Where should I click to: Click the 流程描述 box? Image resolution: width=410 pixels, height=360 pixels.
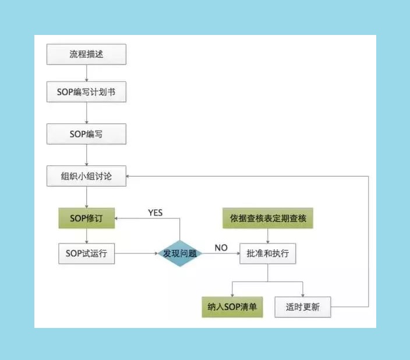(86, 55)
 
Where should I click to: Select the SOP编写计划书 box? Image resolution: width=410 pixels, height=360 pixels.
(86, 93)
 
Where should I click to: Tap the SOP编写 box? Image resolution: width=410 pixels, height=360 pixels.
(86, 135)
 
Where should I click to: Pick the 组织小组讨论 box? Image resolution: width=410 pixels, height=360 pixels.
(86, 176)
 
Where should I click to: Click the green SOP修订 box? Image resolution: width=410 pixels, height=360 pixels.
(86, 219)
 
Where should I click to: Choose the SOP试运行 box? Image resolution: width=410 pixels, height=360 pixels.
(86, 254)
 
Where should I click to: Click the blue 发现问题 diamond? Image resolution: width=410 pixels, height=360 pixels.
(180, 254)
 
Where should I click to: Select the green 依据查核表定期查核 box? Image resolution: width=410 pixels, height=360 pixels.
(268, 219)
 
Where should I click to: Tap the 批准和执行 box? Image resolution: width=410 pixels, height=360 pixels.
(268, 254)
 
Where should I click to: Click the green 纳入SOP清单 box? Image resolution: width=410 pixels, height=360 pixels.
(232, 306)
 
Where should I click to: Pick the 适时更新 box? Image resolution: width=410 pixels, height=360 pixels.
(303, 306)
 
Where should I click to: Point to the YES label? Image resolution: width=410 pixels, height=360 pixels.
(155, 212)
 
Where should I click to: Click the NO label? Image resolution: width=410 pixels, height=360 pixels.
(221, 248)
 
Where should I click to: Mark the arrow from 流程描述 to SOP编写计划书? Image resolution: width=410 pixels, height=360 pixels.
(86, 73)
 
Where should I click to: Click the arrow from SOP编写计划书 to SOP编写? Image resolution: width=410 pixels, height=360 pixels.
(86, 114)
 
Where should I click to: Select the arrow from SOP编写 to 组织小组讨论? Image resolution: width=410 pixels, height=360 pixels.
(86, 155)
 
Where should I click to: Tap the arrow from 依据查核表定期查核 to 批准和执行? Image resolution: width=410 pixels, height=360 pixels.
(268, 237)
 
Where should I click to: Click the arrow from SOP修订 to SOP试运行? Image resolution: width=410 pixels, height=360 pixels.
(86, 237)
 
